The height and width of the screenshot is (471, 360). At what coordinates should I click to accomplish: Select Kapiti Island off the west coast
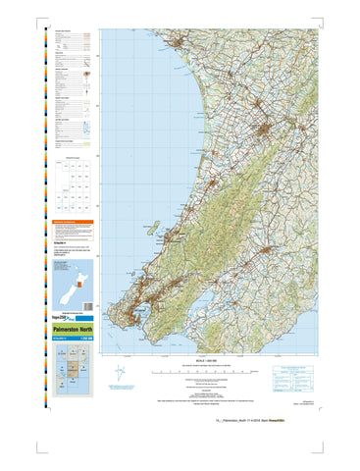(154, 227)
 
